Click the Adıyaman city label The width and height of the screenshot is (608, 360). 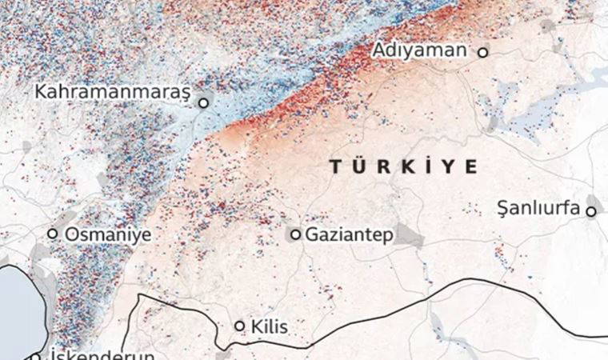coord(419,51)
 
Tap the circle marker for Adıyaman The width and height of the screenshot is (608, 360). coord(482,52)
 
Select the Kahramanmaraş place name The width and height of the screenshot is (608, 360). coord(112,92)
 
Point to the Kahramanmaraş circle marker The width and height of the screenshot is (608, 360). coord(204,102)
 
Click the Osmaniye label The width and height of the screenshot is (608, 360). coord(108,234)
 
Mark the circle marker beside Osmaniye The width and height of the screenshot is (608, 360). coord(53,234)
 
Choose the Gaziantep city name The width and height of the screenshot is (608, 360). coord(349,235)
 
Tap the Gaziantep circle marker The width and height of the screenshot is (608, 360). coord(296,234)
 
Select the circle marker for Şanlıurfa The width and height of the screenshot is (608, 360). coord(591,211)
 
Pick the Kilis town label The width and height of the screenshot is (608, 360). coord(269,326)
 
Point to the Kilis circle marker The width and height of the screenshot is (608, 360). coord(239,326)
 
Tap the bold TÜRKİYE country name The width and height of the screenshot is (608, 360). coord(404,166)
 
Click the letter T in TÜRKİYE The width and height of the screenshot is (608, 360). coord(336,166)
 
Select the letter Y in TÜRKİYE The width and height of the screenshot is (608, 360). coord(450,166)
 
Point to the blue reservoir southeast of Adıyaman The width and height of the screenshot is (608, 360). coord(528,120)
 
